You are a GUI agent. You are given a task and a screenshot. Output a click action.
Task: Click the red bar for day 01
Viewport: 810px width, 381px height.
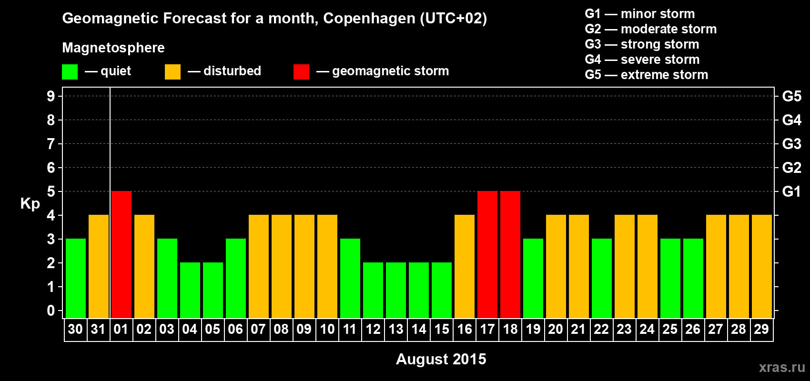121,254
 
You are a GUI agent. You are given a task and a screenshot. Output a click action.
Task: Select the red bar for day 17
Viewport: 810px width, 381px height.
487,254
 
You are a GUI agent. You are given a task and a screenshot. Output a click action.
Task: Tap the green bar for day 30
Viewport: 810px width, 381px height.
76,278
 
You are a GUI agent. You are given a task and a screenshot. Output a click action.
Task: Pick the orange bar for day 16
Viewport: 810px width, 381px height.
465,266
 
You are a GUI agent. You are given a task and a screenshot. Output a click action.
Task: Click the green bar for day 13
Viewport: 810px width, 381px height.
396,290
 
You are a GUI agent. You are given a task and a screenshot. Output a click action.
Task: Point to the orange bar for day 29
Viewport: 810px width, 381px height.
762,266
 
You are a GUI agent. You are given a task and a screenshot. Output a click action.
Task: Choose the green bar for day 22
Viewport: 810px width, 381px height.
602,278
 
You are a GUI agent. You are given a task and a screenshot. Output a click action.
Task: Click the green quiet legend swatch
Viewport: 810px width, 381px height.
70,72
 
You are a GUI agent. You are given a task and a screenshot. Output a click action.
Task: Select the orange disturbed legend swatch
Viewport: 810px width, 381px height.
172,72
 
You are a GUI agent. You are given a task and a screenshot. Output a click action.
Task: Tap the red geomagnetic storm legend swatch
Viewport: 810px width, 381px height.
301,72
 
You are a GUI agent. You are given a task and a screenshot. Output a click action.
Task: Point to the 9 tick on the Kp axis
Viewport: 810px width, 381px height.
51,96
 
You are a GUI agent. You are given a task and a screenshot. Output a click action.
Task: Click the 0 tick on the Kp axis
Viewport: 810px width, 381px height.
51,311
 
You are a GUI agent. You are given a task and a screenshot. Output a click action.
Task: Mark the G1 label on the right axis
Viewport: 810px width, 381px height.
791,191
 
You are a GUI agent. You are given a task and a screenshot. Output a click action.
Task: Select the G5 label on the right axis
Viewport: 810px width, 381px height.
791,96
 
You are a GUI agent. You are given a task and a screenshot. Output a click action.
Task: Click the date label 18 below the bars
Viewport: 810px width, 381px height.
510,329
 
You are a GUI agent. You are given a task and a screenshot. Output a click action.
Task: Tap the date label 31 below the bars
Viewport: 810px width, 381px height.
98,329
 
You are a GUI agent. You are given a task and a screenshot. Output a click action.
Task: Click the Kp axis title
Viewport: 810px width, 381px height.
30,204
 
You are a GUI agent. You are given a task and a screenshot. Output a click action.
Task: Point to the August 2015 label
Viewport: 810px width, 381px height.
441,359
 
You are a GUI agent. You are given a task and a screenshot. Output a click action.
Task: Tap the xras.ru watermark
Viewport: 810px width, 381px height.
782,367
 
